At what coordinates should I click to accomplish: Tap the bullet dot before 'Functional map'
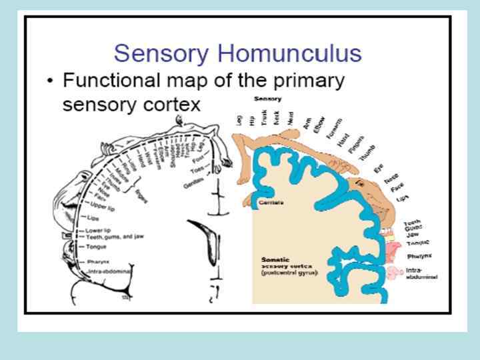pos(51,82)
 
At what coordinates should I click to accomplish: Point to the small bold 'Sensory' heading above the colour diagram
pos(268,99)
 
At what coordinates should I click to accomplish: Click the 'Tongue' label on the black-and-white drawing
pos(96,246)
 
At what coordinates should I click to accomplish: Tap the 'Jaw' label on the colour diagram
pos(409,234)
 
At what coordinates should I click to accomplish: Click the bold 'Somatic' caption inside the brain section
pos(276,258)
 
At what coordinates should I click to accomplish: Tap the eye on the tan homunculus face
pos(360,181)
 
